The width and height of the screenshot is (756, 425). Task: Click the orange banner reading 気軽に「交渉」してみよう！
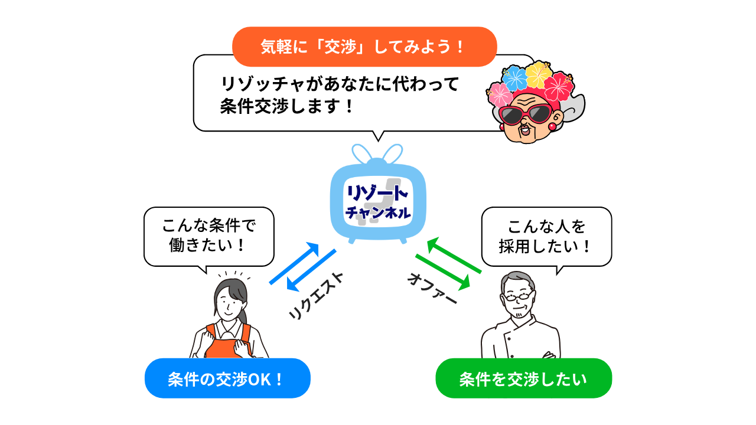[364, 47]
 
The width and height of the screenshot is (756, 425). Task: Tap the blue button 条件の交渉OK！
[227, 378]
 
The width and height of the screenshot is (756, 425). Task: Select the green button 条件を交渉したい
[523, 378]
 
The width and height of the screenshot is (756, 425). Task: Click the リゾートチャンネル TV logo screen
[377, 201]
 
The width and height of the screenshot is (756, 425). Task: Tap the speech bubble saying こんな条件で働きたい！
[209, 236]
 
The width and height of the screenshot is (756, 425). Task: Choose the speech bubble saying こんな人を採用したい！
[546, 236]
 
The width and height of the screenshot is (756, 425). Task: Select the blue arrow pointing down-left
[311, 270]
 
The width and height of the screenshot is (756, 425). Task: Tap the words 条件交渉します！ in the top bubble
[287, 107]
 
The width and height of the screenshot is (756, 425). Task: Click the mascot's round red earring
[552, 125]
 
